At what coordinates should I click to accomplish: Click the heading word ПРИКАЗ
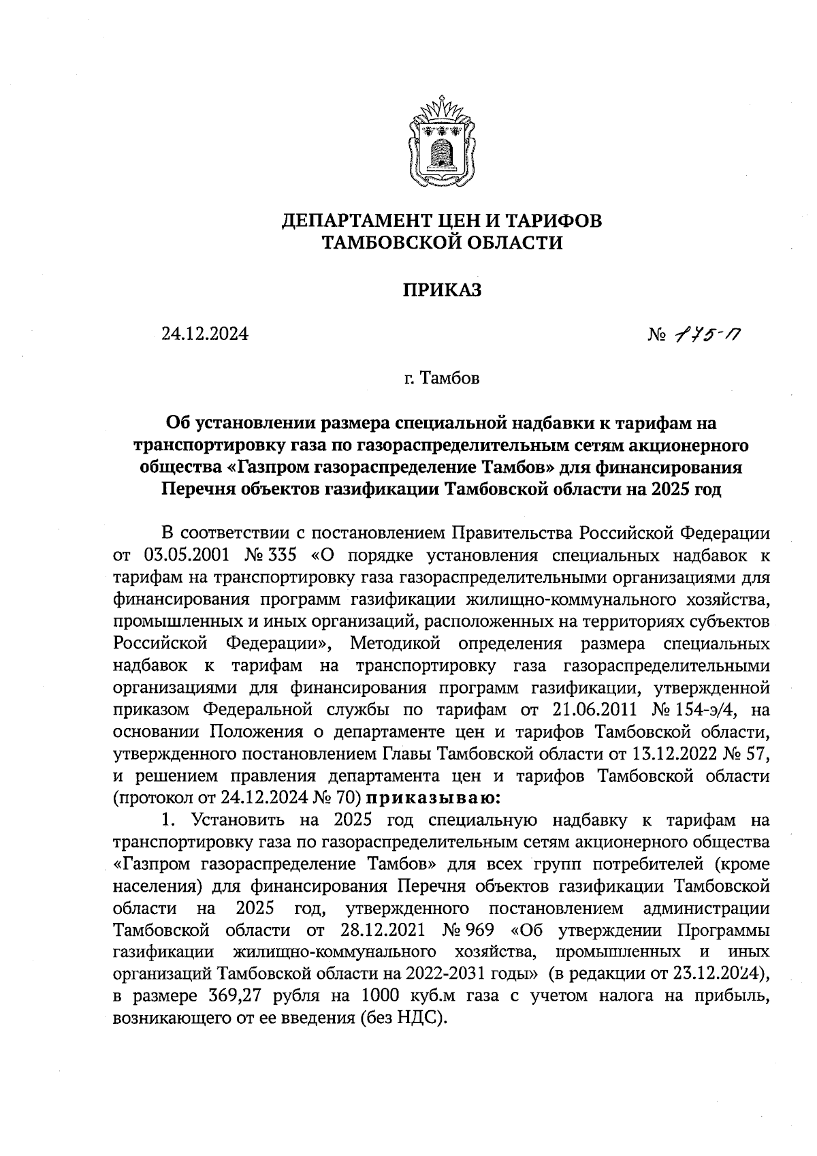pyautogui.click(x=442, y=291)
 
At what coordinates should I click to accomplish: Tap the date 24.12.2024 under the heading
pyautogui.click(x=204, y=334)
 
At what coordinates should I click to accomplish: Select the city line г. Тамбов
pyautogui.click(x=441, y=379)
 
